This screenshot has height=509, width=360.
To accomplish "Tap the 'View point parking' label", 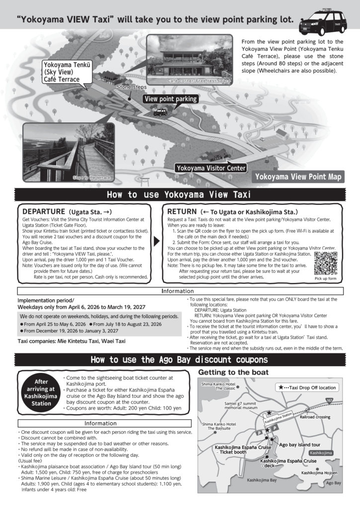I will (171, 99).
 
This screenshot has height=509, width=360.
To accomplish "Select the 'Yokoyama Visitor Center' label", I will (210, 168).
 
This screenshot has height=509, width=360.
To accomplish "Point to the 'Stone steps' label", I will (128, 87).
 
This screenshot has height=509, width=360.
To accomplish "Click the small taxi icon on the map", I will (160, 112).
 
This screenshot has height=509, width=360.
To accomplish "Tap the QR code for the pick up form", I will (326, 262).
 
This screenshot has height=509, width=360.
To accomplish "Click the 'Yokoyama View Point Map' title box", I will (298, 176).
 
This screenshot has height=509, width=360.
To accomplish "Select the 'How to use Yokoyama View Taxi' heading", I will (180, 194).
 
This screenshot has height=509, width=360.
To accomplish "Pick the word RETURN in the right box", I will (182, 211).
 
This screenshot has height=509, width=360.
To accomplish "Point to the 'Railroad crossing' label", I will (315, 417).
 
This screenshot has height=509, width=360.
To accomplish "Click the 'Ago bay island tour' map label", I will (299, 444).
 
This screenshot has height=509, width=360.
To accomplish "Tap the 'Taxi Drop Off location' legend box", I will (306, 387).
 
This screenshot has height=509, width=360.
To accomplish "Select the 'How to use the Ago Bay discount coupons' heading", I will (180, 360).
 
